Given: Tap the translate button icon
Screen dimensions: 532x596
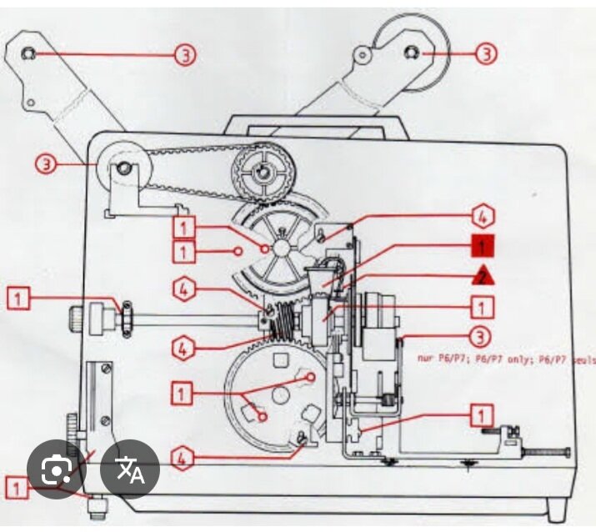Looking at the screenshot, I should pos(130,470).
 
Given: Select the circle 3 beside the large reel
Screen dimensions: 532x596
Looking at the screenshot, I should pos(487,54).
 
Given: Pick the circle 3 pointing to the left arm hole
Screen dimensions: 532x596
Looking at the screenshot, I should pos(185,55).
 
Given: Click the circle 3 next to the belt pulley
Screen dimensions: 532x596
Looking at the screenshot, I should pos(47,163).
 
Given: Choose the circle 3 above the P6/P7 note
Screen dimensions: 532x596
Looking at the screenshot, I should pos(478,338).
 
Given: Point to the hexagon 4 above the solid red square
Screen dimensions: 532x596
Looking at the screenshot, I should pos(481,217).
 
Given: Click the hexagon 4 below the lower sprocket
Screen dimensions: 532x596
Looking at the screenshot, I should pos(185,457).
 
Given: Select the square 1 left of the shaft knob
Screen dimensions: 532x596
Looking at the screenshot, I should pos(20,296).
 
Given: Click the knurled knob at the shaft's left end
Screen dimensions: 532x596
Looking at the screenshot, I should pos(76,317).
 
